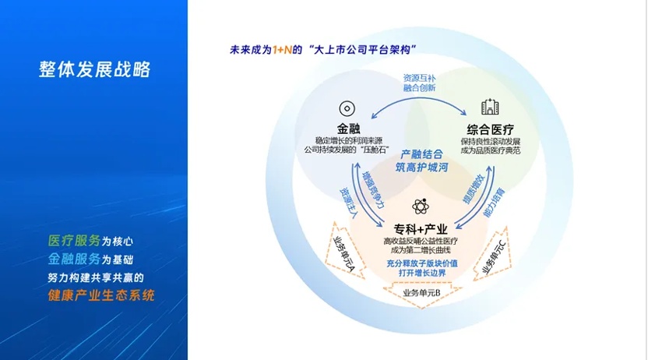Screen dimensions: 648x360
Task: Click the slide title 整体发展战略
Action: point(95,69)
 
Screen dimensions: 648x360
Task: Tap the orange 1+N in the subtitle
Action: point(282,50)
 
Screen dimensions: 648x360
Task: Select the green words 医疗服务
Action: point(75,241)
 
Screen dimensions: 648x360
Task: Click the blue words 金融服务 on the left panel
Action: point(75,259)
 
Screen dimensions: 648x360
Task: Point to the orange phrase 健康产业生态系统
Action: point(101,295)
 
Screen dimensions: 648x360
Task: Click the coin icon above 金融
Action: point(347,109)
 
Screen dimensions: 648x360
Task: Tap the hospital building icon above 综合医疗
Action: point(490,107)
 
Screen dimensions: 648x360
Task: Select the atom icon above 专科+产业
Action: point(421,206)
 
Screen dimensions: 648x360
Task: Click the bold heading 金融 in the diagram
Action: point(348,129)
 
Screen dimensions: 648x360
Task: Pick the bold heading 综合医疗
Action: point(490,130)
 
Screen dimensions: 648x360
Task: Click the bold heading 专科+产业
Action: point(421,228)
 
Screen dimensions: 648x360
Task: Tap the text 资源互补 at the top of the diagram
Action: point(420,78)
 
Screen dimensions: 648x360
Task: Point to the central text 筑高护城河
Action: point(421,168)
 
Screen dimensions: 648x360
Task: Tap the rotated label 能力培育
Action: point(494,203)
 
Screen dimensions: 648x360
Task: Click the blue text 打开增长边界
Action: point(422,274)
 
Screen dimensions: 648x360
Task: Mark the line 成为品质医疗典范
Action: point(491,150)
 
